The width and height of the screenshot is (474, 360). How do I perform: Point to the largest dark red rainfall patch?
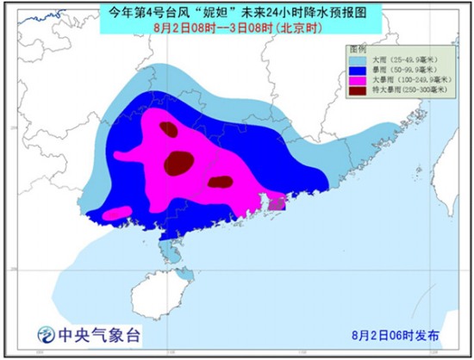(180, 160)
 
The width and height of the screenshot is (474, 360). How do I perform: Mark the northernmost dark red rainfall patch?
(169, 130)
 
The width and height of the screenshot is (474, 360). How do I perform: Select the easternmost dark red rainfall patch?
(221, 181)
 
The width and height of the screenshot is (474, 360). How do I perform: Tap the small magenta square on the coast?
(277, 202)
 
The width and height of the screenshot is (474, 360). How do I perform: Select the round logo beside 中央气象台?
(45, 333)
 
